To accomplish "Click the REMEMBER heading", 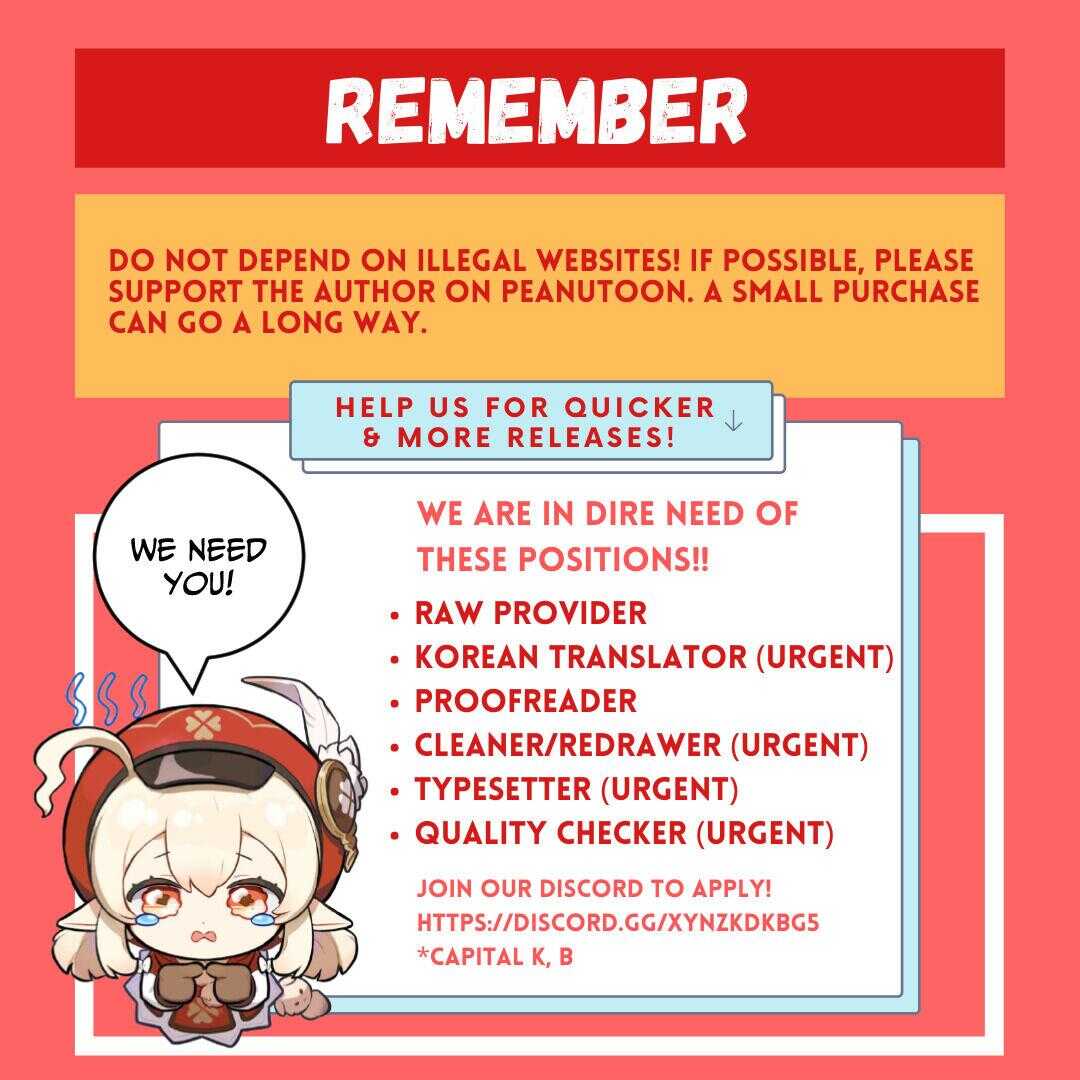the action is click(537, 110).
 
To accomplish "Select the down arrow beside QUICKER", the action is click(734, 420).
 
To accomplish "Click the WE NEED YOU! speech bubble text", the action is click(198, 565).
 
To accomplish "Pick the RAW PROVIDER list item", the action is click(530, 613).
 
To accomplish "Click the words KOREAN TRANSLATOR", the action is click(581, 657).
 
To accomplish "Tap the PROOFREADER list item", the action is click(526, 701).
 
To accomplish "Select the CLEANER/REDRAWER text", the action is click(568, 745).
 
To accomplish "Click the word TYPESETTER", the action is click(503, 789).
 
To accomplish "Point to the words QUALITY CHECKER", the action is click(550, 833).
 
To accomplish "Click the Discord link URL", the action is click(618, 922).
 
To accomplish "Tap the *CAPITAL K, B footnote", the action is click(495, 956).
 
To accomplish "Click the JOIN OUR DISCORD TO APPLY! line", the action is click(594, 888).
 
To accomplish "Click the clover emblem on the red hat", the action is click(202, 725).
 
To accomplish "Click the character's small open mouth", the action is click(202, 937).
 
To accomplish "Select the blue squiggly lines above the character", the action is click(109, 698).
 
